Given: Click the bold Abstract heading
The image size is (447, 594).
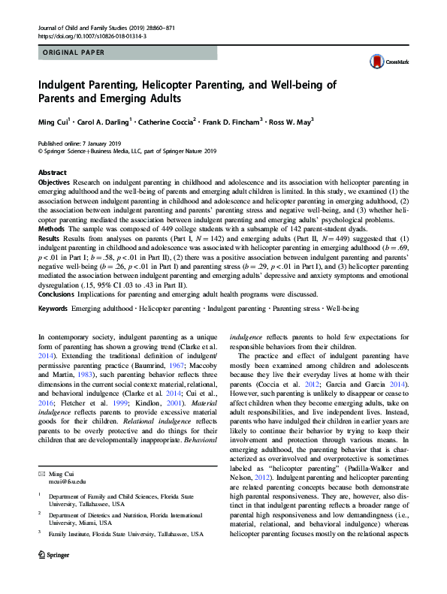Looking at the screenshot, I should pos(52,173).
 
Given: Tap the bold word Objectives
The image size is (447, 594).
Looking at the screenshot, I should pos(55,182).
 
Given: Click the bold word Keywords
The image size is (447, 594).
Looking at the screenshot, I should pos(53,309).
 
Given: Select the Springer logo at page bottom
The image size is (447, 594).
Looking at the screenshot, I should pos(55,574).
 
